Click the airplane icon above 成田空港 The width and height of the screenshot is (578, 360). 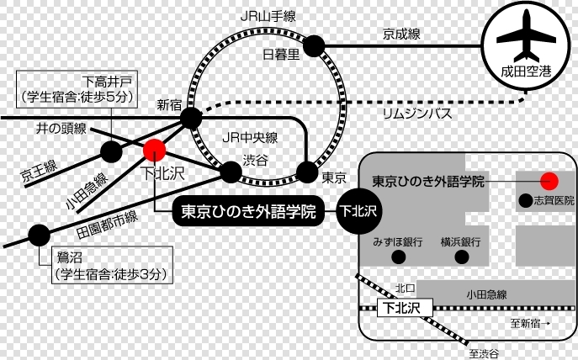(x=526, y=36)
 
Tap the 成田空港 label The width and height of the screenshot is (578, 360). (x=526, y=71)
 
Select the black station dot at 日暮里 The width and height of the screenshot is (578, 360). (x=314, y=46)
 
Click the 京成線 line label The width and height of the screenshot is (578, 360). (x=401, y=34)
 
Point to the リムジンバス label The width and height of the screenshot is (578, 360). (x=417, y=114)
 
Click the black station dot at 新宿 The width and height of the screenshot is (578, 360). (x=191, y=119)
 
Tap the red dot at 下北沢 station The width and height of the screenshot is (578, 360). (x=155, y=150)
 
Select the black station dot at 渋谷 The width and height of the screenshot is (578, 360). (x=231, y=172)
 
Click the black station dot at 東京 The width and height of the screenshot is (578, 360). (x=307, y=172)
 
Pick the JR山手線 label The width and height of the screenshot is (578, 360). (x=268, y=16)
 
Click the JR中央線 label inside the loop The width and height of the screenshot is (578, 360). (x=250, y=138)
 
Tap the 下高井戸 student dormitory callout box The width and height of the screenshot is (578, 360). (x=77, y=89)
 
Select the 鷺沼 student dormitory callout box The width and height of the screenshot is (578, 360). (x=112, y=265)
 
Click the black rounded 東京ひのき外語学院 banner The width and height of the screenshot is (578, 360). (x=248, y=211)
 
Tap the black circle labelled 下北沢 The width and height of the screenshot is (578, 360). (x=358, y=211)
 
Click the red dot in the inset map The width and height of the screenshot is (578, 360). (x=549, y=181)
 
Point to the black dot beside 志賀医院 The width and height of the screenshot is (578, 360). (x=526, y=200)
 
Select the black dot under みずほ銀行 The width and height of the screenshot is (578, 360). (x=399, y=257)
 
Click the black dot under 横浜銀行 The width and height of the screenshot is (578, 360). (x=462, y=257)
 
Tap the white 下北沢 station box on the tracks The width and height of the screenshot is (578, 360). (x=405, y=308)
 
